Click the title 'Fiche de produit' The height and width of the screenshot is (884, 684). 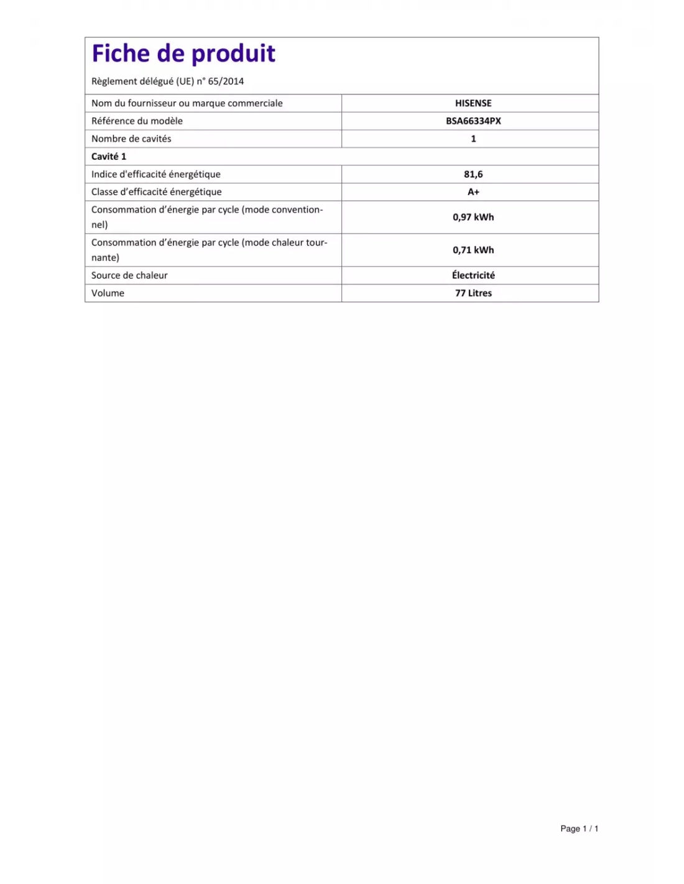coord(183,54)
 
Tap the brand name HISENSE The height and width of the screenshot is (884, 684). coord(473,103)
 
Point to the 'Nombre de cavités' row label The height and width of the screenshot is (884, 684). coord(131,139)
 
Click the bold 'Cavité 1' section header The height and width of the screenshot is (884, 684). coord(109,157)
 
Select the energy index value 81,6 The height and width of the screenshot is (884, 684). coord(473,175)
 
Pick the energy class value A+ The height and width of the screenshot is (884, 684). coord(473,192)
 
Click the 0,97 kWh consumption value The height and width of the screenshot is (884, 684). coord(473,217)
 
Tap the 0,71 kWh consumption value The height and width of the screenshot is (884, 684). coord(473,250)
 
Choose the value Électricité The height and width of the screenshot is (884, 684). coord(473,275)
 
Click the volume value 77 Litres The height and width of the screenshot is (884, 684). coord(473,293)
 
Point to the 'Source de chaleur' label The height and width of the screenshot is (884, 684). coord(129,275)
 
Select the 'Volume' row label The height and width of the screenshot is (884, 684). coord(108,293)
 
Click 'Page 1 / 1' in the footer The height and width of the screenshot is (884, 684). coord(579,829)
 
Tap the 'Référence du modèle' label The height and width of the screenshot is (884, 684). coord(137,121)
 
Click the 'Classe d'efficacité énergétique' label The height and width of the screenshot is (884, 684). coord(156,192)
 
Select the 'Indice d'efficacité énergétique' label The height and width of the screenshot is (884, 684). coord(155,175)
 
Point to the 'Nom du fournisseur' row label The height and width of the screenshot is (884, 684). coord(187,103)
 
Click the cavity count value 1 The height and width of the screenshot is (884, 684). coord(473,139)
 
